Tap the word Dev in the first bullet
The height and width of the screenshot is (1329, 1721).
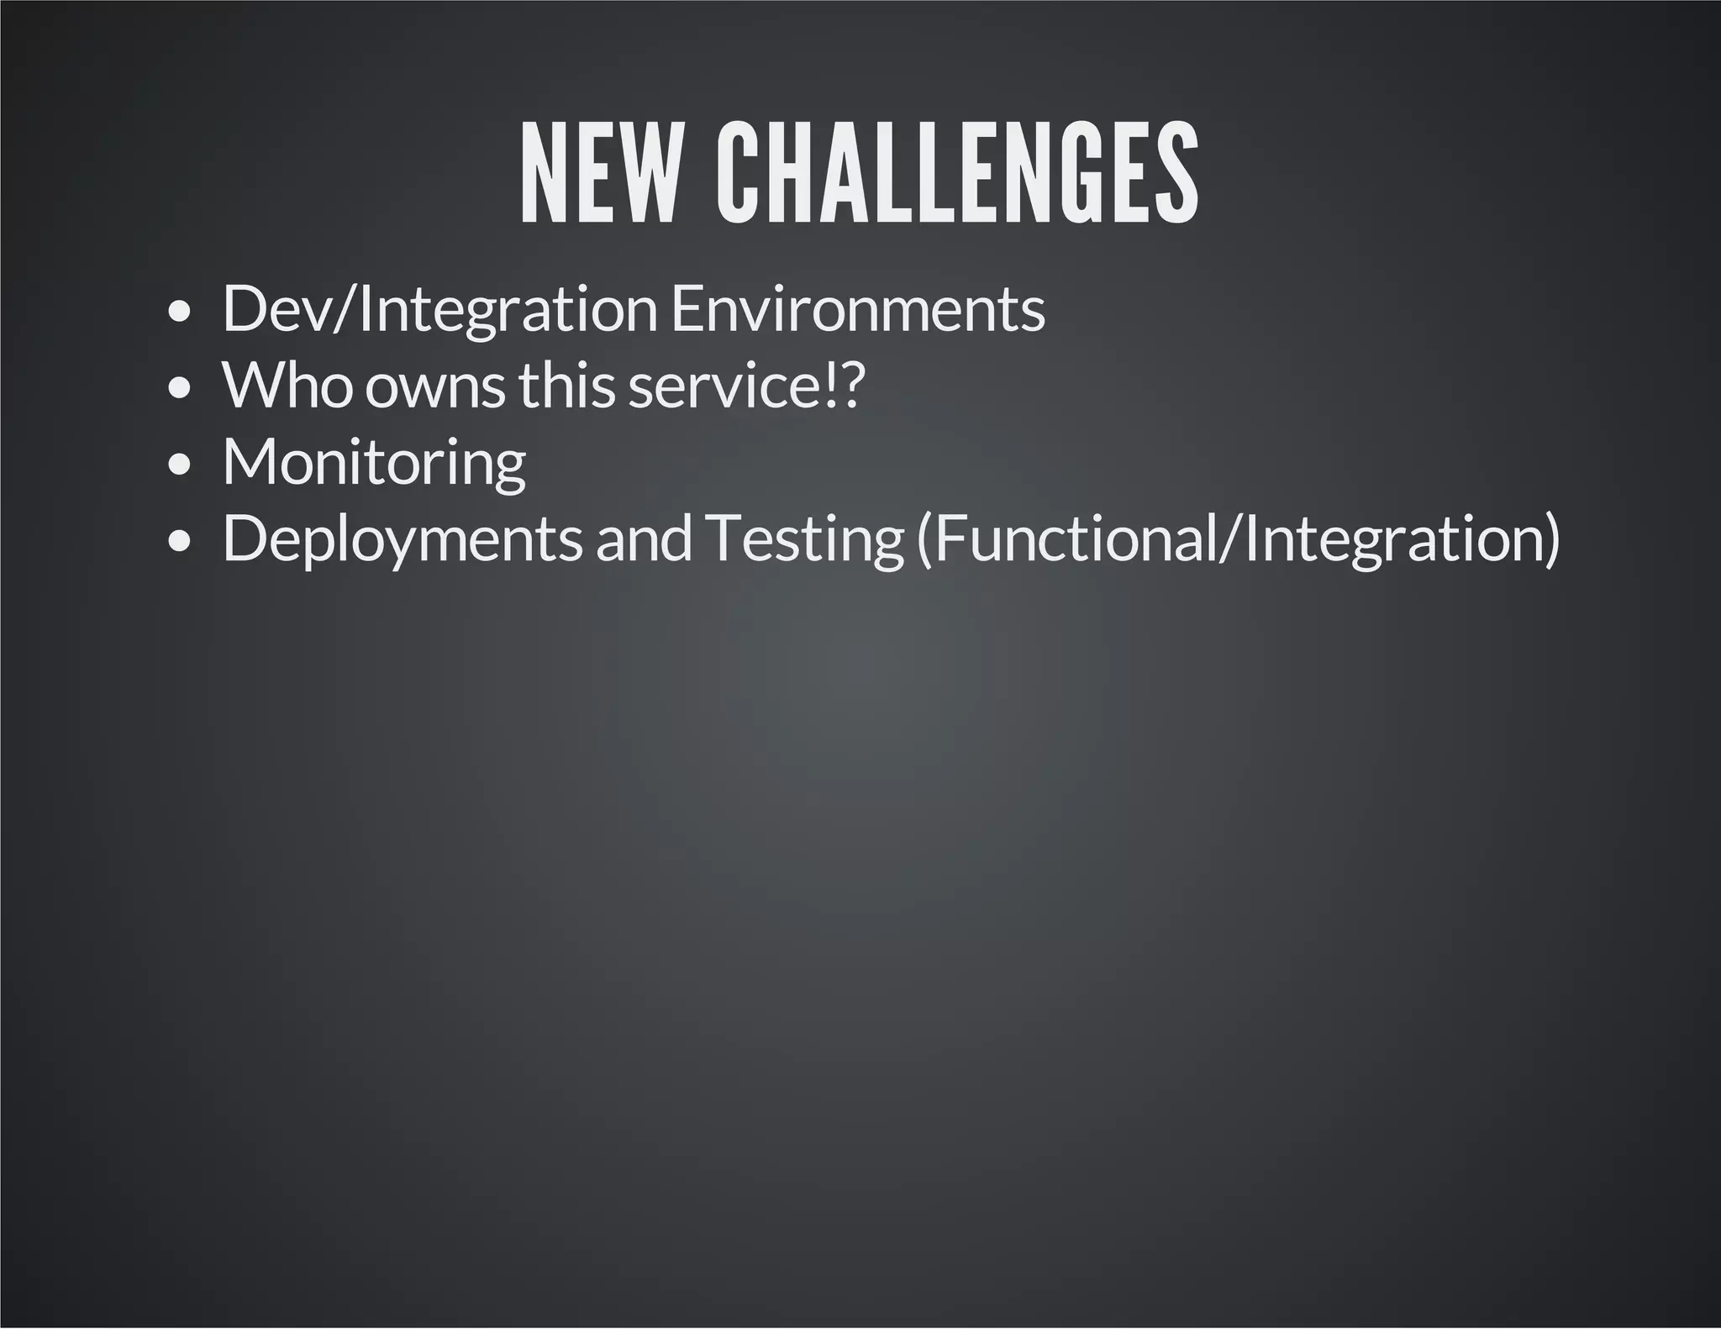click(x=277, y=309)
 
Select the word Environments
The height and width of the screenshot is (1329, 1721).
click(x=858, y=309)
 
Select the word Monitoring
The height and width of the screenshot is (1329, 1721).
click(x=374, y=462)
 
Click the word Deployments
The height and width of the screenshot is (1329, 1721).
click(x=402, y=539)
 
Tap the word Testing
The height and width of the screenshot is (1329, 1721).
click(x=803, y=539)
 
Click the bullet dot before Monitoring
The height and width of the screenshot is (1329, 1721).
click(x=179, y=465)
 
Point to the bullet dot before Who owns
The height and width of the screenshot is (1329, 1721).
click(x=179, y=389)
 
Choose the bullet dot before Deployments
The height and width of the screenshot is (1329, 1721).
click(x=179, y=542)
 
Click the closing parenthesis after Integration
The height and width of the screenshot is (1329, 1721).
click(x=1551, y=539)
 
